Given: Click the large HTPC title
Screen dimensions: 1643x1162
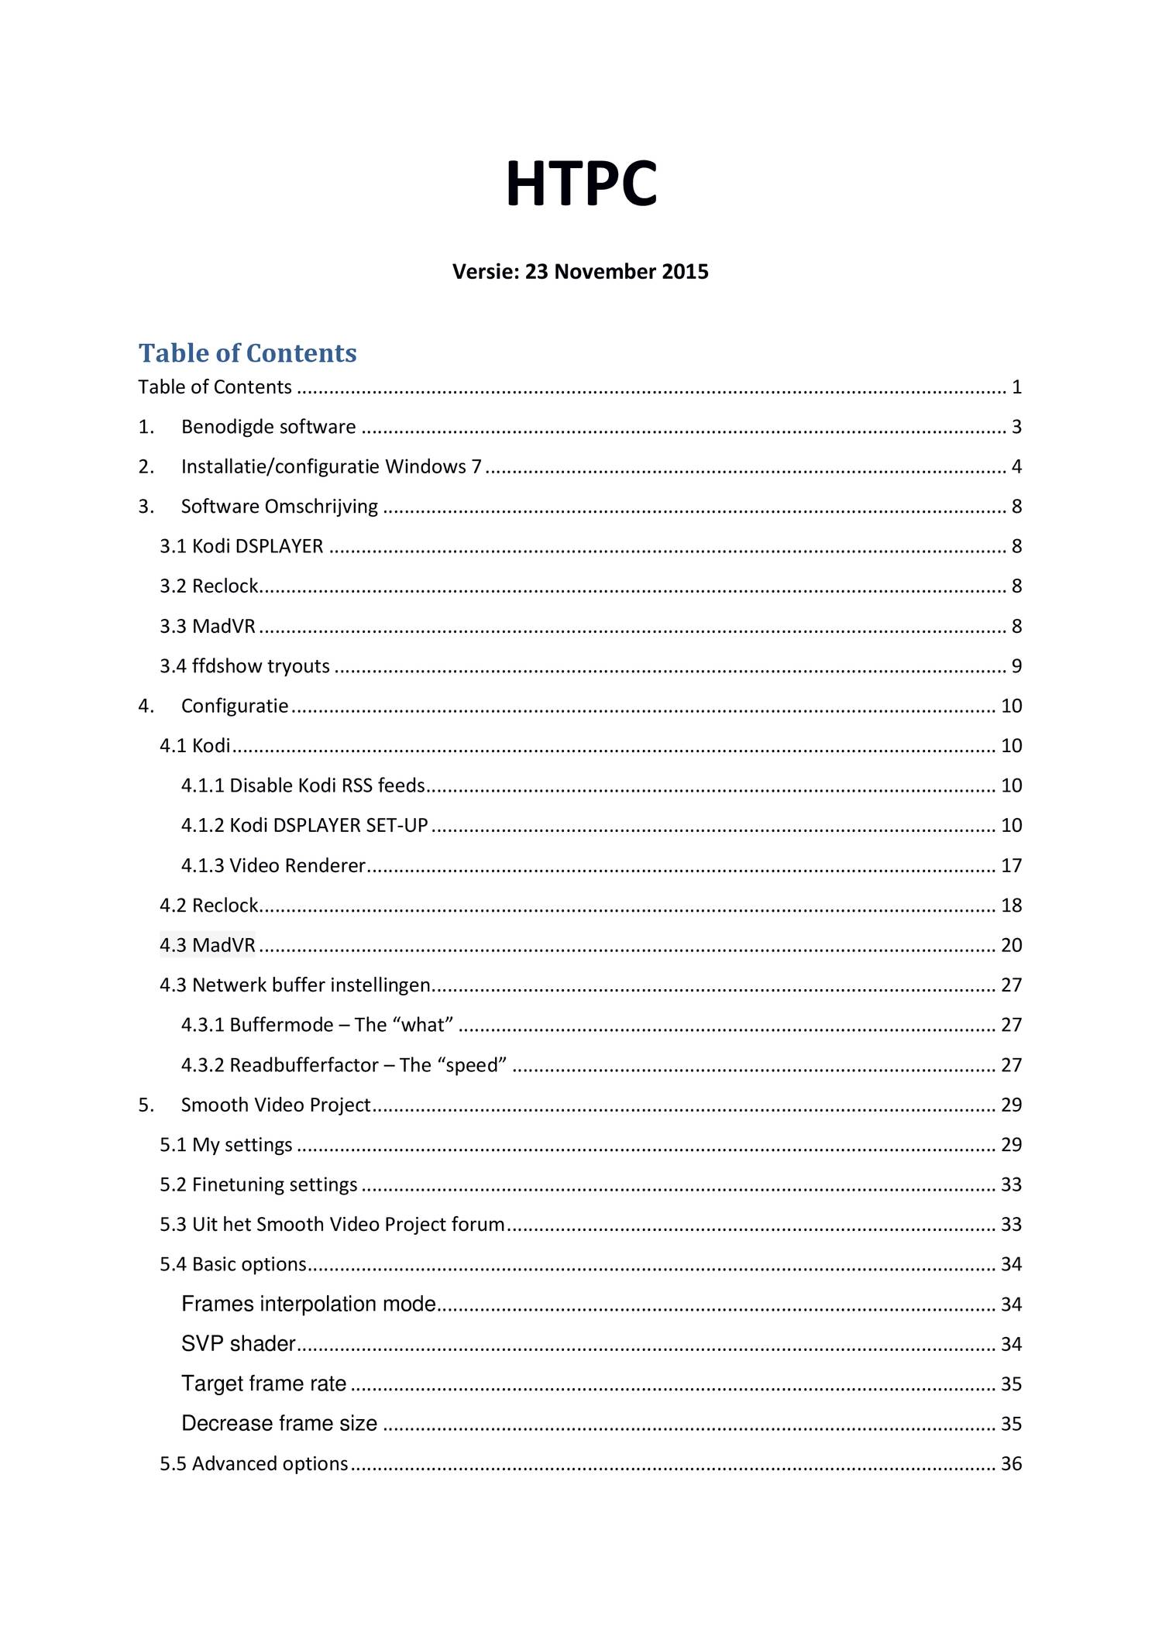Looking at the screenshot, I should [581, 184].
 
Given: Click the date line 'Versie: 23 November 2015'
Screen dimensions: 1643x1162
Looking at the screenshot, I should [580, 272].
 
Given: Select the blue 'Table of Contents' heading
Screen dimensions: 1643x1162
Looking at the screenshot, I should [247, 353].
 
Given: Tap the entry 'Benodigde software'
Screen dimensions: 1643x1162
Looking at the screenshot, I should [268, 427].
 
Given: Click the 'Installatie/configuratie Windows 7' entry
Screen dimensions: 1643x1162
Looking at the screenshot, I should [331, 466].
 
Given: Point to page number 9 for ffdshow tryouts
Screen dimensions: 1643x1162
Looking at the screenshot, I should [1016, 666].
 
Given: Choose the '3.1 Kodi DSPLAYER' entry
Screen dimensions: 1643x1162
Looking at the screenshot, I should [241, 546].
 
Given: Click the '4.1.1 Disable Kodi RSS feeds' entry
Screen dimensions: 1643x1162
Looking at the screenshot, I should [303, 785].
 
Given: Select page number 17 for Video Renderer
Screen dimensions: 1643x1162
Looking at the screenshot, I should [1011, 865].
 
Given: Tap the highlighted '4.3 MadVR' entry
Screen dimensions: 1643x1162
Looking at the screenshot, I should [208, 945].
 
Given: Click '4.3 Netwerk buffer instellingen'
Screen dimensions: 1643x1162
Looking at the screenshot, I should [294, 985].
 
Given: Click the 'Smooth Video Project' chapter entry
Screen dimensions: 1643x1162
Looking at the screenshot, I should [275, 1105].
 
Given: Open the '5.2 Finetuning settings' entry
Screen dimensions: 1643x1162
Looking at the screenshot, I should [258, 1184].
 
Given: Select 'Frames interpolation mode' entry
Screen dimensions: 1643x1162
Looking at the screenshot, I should [308, 1304].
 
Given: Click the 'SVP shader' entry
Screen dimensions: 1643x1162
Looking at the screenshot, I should [239, 1344].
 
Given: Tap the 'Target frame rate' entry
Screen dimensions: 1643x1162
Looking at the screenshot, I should [263, 1383].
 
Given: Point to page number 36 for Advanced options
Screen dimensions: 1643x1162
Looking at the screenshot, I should [1011, 1463].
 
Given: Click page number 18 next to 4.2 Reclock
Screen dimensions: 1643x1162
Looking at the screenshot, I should [1011, 906].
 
